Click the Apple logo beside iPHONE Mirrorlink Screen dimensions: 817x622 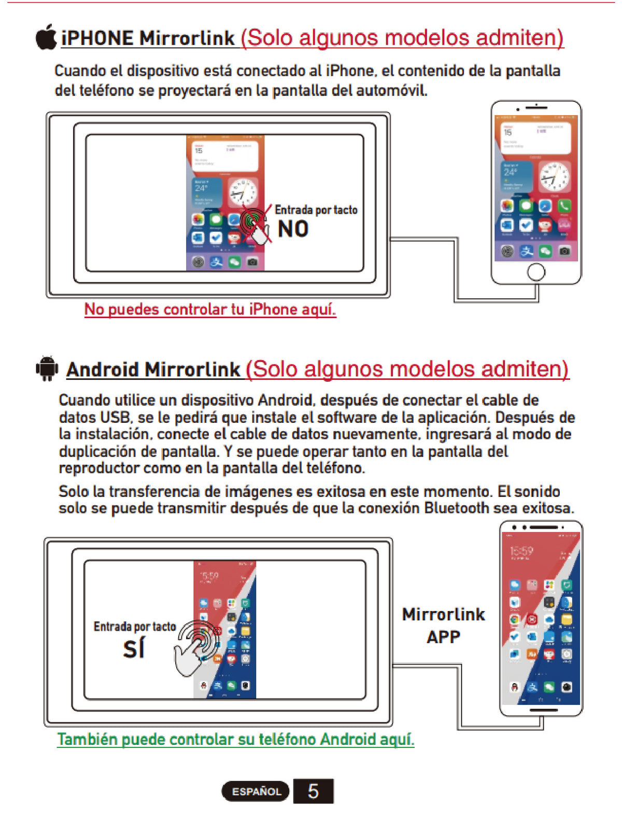click(x=46, y=37)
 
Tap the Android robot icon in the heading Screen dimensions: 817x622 click(x=47, y=368)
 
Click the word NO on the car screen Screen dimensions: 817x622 click(x=293, y=229)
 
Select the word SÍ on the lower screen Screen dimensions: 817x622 click(x=134, y=648)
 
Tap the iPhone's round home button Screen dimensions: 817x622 click(x=536, y=271)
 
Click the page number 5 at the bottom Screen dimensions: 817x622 click(x=313, y=791)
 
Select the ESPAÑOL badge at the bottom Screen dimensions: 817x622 click(x=256, y=792)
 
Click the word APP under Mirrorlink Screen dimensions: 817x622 click(x=443, y=637)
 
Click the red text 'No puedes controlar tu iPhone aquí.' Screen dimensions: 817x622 click(x=210, y=310)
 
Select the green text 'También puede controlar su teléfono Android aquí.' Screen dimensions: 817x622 click(x=235, y=739)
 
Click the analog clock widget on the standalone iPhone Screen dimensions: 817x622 click(x=554, y=176)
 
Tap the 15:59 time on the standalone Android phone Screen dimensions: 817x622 click(x=521, y=551)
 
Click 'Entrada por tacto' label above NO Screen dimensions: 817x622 click(x=316, y=210)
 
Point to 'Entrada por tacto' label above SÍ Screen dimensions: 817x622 click(x=135, y=627)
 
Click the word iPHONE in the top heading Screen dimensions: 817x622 click(x=97, y=38)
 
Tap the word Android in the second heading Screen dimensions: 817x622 click(x=103, y=370)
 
